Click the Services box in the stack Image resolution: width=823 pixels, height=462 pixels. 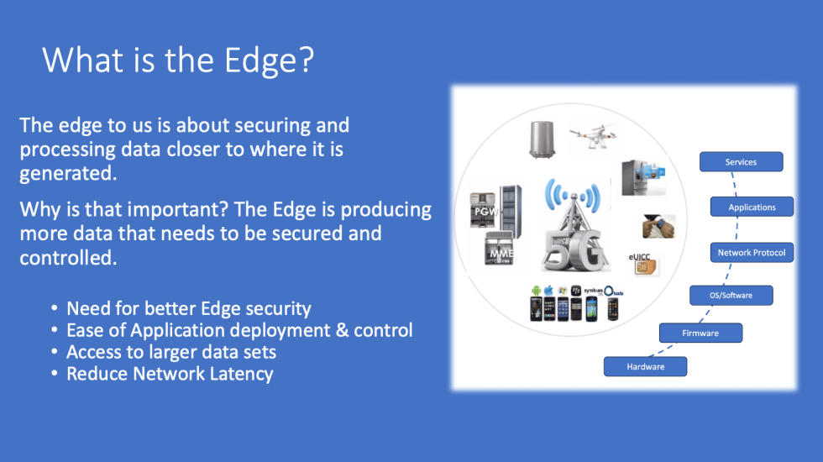click(742, 162)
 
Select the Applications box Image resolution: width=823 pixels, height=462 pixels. click(752, 207)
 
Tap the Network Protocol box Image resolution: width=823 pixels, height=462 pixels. click(752, 252)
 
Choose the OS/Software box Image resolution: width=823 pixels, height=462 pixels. click(731, 295)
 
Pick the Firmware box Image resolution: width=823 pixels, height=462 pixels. click(700, 333)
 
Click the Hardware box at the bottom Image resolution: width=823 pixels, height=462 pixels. click(645, 366)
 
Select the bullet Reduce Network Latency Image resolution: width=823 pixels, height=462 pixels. click(170, 374)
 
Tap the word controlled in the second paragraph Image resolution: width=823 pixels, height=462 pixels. click(67, 256)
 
